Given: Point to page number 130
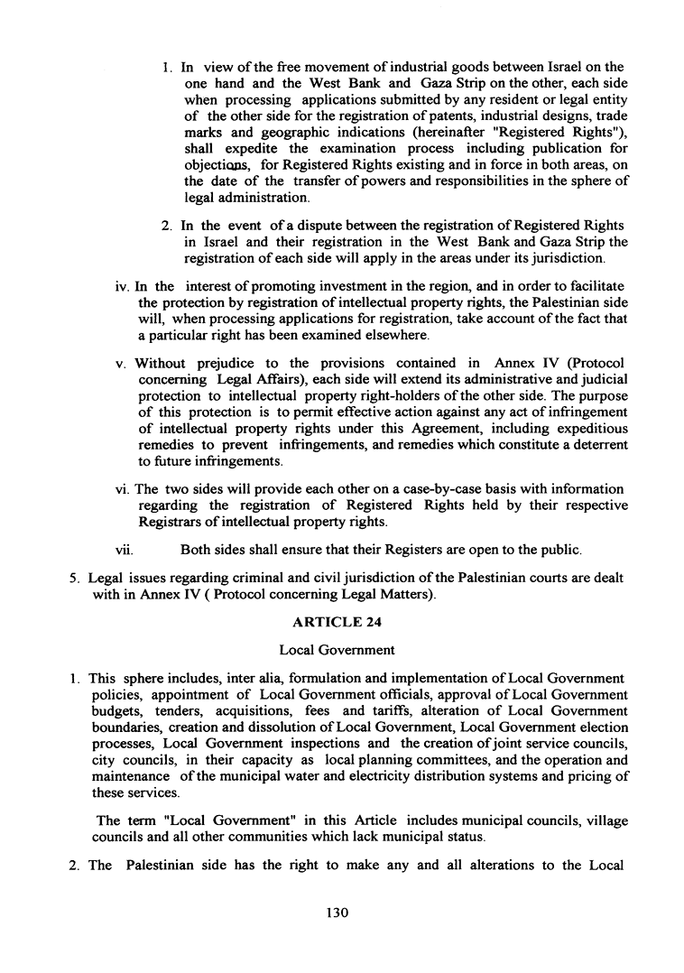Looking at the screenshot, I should [x=337, y=913].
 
